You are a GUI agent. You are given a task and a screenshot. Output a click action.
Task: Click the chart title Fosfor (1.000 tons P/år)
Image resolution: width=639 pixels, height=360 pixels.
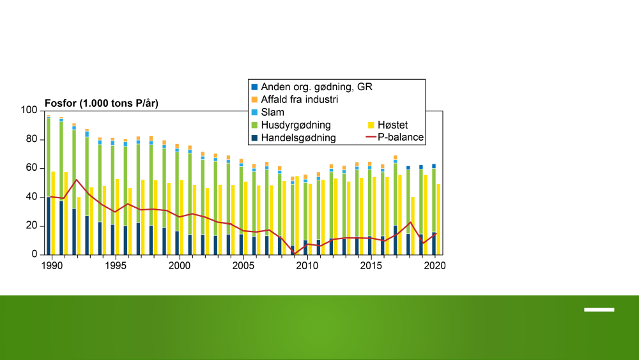click(x=102, y=104)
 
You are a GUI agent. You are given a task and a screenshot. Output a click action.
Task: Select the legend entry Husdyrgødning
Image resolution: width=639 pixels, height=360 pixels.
click(x=291, y=125)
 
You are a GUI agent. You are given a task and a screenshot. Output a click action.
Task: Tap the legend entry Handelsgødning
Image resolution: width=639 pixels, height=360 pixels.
click(x=293, y=138)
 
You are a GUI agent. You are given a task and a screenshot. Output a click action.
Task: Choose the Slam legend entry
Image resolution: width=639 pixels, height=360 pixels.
click(x=268, y=112)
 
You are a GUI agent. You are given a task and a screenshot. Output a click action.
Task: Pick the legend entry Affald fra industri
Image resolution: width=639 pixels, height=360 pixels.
click(x=295, y=100)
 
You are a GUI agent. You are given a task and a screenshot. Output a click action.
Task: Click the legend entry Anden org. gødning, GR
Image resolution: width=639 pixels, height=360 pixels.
click(x=312, y=87)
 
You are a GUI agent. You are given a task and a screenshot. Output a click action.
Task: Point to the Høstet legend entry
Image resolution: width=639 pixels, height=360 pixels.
click(x=388, y=125)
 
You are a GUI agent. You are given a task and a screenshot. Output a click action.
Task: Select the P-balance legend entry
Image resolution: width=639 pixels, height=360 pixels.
click(x=395, y=137)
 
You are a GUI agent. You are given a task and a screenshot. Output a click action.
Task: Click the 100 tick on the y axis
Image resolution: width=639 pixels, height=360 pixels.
click(x=29, y=110)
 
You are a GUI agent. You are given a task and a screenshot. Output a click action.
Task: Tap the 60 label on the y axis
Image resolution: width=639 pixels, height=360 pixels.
click(x=31, y=168)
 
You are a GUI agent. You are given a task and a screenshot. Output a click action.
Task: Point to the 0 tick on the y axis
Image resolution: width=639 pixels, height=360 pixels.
click(x=35, y=254)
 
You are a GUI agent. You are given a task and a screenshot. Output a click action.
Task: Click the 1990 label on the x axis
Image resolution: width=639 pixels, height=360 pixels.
click(x=52, y=266)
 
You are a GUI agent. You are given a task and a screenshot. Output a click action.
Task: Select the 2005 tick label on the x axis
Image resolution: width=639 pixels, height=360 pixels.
click(x=243, y=266)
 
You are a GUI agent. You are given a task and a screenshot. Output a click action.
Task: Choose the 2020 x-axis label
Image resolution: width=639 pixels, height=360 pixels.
click(x=435, y=266)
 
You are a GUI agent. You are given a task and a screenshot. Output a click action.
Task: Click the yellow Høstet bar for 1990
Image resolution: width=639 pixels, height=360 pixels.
click(x=53, y=213)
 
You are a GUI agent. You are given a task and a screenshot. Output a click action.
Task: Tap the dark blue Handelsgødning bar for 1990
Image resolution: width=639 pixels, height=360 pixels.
click(x=49, y=226)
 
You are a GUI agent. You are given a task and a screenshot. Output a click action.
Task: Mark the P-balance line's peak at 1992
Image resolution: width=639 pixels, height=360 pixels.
click(x=76, y=180)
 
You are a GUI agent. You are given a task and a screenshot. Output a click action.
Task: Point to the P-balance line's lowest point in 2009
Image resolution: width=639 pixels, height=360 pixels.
click(x=294, y=254)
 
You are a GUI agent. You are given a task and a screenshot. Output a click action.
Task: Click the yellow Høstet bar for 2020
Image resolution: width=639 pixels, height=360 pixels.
click(x=438, y=219)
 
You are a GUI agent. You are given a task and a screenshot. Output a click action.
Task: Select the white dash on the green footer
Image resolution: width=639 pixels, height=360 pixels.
click(x=599, y=310)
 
